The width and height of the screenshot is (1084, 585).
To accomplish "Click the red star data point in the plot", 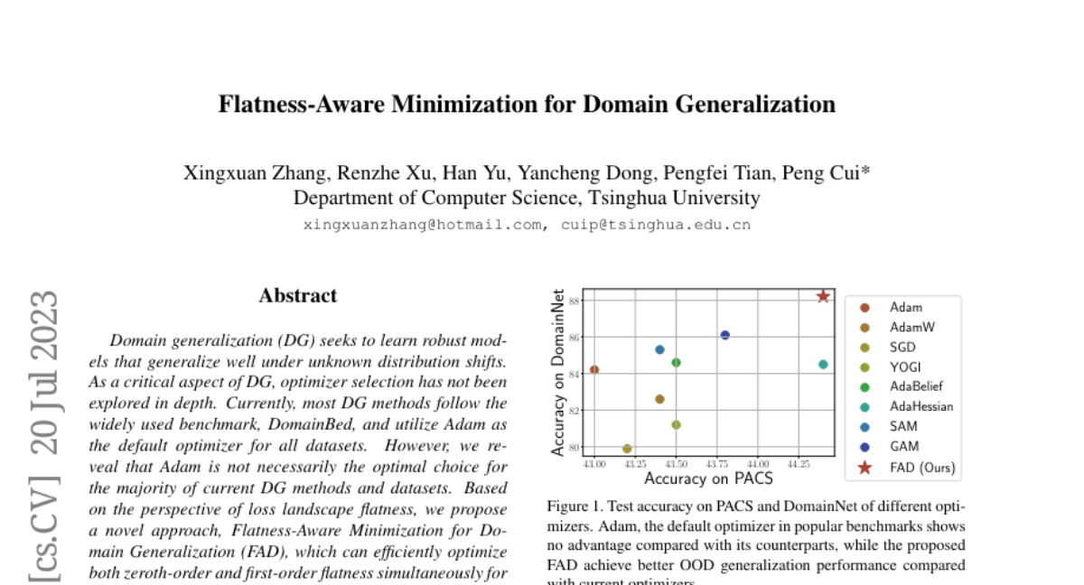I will coord(823,296).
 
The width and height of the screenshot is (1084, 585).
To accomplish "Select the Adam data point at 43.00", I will coord(594,369).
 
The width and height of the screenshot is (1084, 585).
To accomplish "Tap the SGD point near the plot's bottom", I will coord(627,449).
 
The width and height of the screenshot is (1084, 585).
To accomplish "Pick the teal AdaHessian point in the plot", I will coord(823,365).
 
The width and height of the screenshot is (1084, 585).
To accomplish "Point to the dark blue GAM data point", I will coord(724,335).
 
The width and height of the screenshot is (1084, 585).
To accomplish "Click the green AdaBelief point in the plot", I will coord(676,362).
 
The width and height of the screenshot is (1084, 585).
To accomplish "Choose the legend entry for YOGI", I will coord(904,367).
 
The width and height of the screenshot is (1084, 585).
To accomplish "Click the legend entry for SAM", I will coord(902,426).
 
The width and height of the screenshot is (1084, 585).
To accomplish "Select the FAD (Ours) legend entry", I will coord(921,468).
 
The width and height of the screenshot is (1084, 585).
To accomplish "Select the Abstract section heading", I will coord(298,295).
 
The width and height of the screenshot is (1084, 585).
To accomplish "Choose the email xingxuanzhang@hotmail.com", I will coord(423,225).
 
